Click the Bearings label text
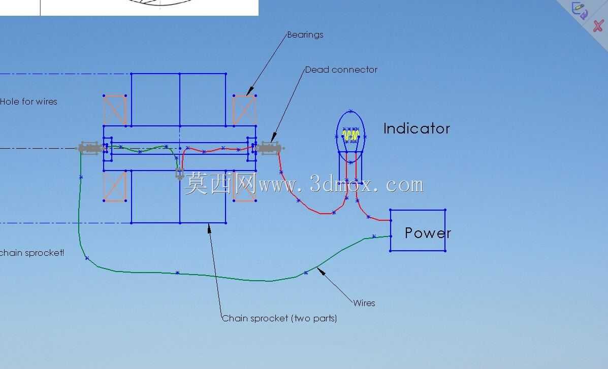click(x=305, y=35)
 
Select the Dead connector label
click(x=341, y=70)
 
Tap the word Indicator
click(x=417, y=128)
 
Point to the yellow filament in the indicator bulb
click(x=351, y=136)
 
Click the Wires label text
click(x=364, y=303)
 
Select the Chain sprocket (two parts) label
click(x=279, y=319)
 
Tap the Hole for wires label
click(x=28, y=102)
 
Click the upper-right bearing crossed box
click(x=245, y=110)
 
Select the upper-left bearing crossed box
click(x=115, y=110)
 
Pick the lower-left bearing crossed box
click(x=115, y=186)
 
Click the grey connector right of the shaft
click(x=270, y=148)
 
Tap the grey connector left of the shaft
click(x=90, y=148)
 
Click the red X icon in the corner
click(x=598, y=26)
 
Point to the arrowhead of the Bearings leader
click(x=249, y=91)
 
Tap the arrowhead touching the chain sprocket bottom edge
click(x=209, y=229)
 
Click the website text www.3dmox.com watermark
click(x=341, y=185)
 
